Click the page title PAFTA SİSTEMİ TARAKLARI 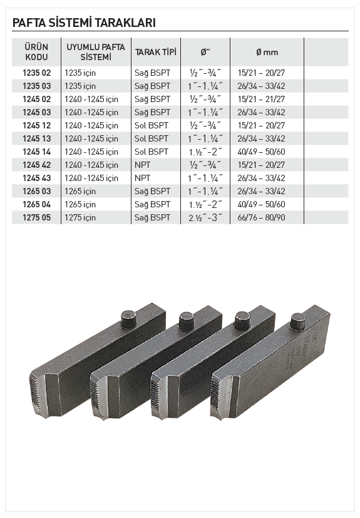[x=84, y=23]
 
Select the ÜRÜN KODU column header [x=36, y=52]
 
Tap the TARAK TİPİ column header [x=155, y=52]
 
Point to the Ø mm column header [x=267, y=52]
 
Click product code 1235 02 [x=37, y=73]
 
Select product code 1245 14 [x=37, y=152]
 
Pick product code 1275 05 [x=37, y=217]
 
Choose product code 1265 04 [x=37, y=204]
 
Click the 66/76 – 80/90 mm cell [x=261, y=217]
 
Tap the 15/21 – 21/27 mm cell [x=261, y=99]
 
